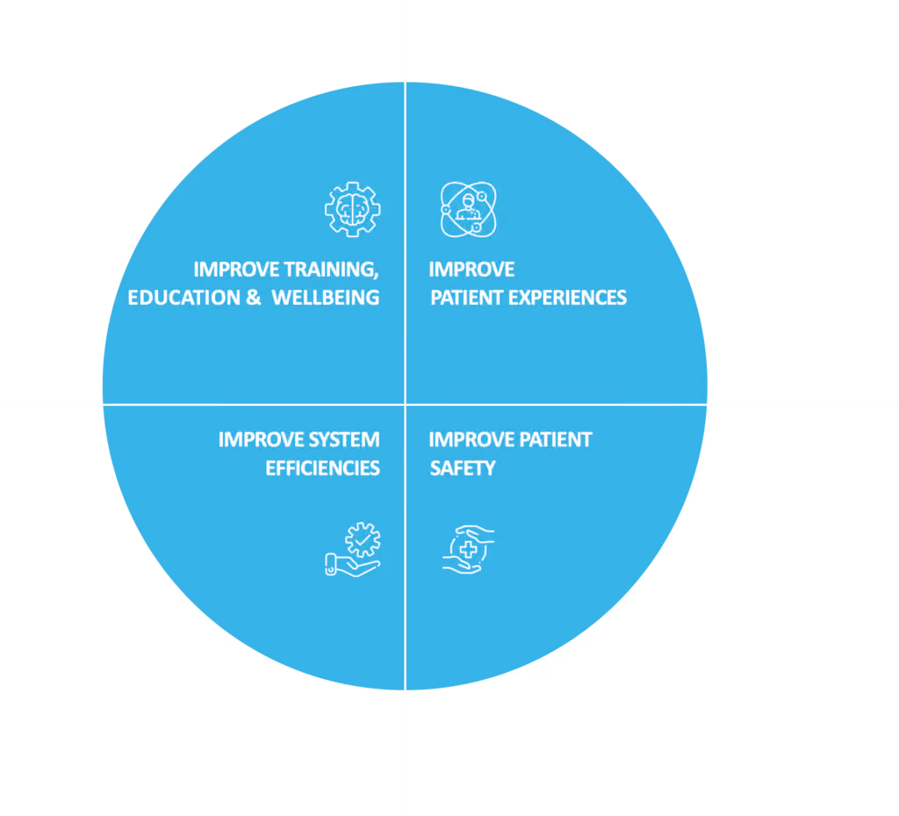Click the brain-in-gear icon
point(352,209)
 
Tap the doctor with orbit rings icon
point(469,209)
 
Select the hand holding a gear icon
point(353,549)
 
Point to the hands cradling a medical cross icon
point(469,549)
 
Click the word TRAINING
point(331,270)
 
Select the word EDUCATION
point(183,298)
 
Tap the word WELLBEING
point(325,298)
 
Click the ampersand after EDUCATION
point(253,298)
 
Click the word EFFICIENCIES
point(322,468)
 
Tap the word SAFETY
point(463,468)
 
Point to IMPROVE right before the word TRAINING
point(236,270)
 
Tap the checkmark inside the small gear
point(363,539)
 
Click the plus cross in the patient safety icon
point(469,549)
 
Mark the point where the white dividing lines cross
point(405,404)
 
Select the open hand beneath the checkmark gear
point(352,565)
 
